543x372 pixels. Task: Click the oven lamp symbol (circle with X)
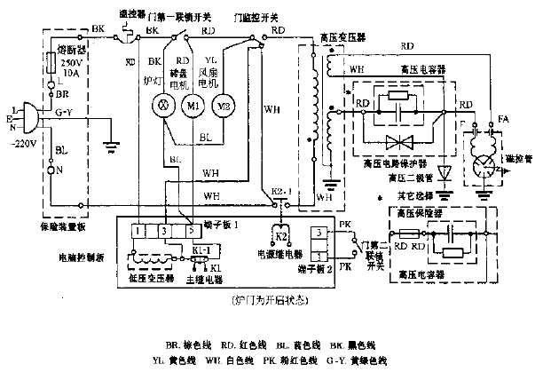point(162,106)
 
